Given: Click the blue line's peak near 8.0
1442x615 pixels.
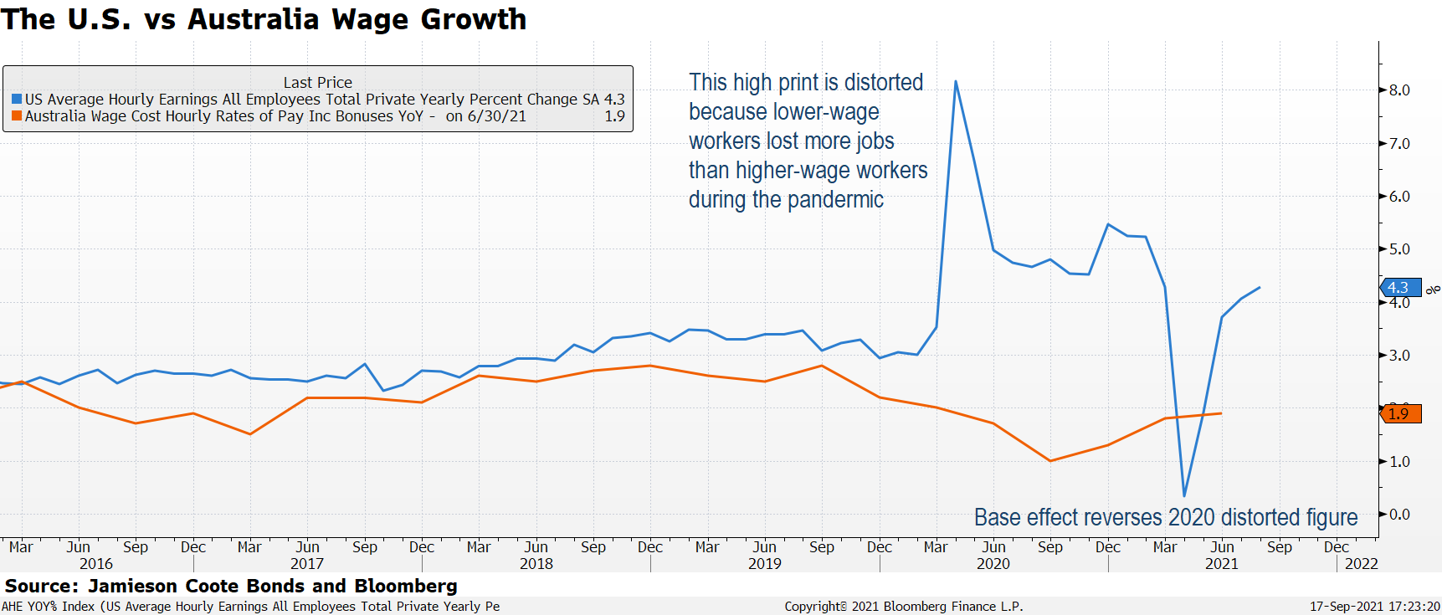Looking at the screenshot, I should coord(956,82).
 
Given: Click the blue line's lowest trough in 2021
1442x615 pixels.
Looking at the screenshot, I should coord(1184,495).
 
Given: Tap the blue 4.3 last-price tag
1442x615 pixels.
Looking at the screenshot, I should coord(1400,288).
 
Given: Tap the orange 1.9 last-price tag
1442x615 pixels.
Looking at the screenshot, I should coord(1400,413).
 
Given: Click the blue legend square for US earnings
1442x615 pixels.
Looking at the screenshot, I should coord(17,100).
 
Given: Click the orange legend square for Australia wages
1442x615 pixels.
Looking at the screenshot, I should coord(17,116).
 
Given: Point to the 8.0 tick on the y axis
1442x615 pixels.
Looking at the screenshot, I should coord(1399,90).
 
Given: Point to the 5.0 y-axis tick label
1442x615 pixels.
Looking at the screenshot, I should coord(1399,249).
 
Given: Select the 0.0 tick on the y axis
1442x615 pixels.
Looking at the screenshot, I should coord(1399,515).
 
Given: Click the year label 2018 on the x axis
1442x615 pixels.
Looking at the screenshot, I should coord(536,564).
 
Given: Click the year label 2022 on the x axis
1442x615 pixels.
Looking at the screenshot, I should coord(1361,564).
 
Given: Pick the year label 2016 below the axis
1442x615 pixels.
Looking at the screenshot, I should coord(96,564).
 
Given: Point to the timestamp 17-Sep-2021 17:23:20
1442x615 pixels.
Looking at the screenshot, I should coord(1374,607).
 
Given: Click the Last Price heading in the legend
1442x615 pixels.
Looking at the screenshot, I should coord(318,83).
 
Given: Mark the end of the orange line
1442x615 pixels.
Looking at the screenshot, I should coord(1221,413).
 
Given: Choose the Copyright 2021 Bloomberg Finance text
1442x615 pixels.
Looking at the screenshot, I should coord(903,607).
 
